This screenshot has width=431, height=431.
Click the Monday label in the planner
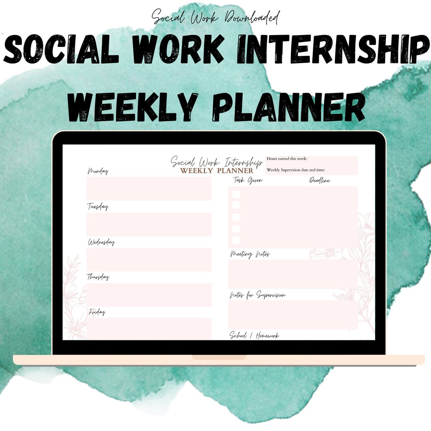[x=98, y=172]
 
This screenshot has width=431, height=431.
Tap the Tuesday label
[x=98, y=207]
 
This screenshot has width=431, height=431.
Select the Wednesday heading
[x=101, y=242]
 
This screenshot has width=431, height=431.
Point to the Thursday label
[x=98, y=277]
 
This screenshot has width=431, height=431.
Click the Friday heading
[x=97, y=312]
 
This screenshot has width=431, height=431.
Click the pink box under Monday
[x=149, y=188]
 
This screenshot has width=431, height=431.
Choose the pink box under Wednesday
[x=149, y=259]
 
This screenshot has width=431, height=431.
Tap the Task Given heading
[x=248, y=180]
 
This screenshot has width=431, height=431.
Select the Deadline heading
[x=320, y=180]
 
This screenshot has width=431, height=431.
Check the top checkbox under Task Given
[x=236, y=194]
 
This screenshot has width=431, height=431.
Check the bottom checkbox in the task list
[x=236, y=240]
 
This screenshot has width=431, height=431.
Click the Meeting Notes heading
[x=250, y=254]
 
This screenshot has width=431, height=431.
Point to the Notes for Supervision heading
[x=257, y=295]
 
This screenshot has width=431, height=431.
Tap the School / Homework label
[x=254, y=335]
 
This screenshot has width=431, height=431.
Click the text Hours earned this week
[x=287, y=159]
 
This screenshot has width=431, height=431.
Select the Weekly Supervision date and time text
[x=296, y=170]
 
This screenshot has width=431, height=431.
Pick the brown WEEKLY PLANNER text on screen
[x=216, y=171]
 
